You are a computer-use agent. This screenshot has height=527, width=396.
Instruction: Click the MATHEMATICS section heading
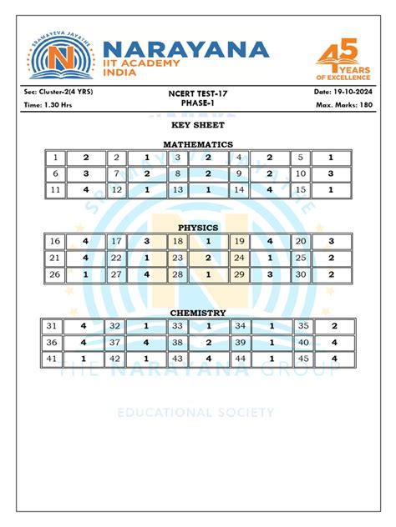[197, 144]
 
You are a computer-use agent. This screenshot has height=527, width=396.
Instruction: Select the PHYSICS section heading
[198, 227]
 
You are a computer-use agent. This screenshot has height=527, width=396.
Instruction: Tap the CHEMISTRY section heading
[198, 313]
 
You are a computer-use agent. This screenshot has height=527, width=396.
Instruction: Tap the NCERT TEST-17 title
[197, 93]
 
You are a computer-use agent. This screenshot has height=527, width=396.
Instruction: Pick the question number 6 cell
[55, 173]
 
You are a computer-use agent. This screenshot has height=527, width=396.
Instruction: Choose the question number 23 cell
[177, 258]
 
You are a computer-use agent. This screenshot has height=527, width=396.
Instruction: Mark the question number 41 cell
[55, 358]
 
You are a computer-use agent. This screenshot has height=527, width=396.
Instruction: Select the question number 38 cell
[177, 342]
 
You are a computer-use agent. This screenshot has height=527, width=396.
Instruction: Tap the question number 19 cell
[239, 241]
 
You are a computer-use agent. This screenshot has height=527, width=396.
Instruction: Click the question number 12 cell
[116, 189]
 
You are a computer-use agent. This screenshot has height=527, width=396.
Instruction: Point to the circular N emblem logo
[60, 59]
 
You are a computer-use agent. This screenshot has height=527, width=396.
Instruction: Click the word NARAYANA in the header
[185, 48]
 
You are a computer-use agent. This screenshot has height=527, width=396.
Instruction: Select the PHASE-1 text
[197, 103]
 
